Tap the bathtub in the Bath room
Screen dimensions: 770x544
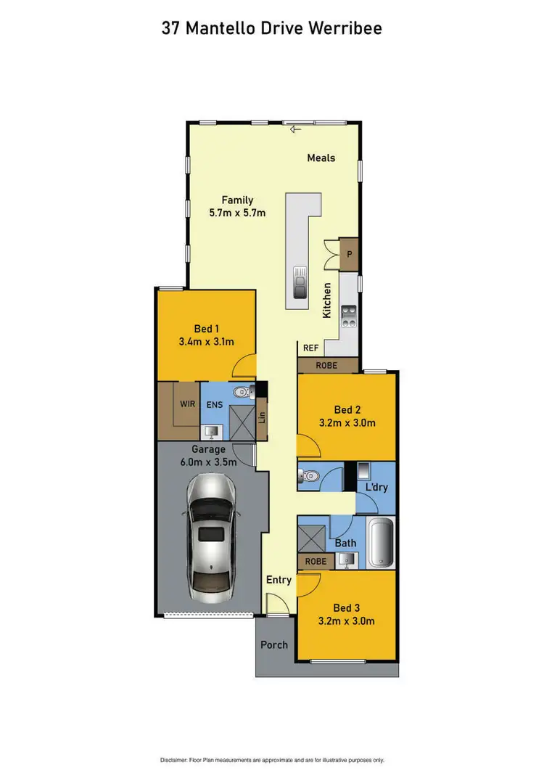(x=380, y=544)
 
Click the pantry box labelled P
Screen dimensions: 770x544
(x=349, y=254)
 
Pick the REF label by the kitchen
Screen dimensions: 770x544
(x=310, y=348)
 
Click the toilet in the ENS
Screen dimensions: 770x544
(x=242, y=393)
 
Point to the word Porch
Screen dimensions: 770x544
(x=274, y=644)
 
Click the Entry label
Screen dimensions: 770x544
(x=279, y=580)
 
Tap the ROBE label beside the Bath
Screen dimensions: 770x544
(x=316, y=561)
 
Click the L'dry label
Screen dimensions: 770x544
(x=377, y=488)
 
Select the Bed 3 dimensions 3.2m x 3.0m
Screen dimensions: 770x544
(x=346, y=621)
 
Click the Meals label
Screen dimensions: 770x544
(x=321, y=157)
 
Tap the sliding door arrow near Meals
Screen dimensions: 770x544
(x=294, y=131)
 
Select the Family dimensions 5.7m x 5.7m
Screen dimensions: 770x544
(x=237, y=213)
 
